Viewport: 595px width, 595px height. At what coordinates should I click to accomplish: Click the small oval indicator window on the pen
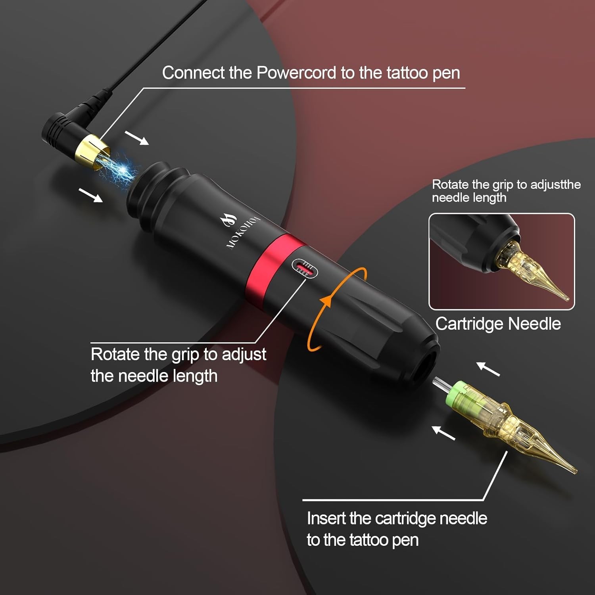[x=305, y=269]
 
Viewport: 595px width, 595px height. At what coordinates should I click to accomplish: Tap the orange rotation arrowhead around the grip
[x=326, y=301]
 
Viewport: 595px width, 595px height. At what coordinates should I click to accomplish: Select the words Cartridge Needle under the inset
[x=498, y=324]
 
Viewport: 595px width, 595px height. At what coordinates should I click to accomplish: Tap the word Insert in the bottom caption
[x=326, y=518]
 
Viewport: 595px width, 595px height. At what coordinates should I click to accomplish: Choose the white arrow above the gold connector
[x=137, y=138]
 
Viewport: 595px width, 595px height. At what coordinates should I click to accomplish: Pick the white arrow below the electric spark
[x=91, y=195]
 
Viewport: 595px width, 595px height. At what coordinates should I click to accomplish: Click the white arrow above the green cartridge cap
[x=488, y=369]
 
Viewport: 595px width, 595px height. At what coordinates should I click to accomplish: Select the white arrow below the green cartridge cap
[x=443, y=432]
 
